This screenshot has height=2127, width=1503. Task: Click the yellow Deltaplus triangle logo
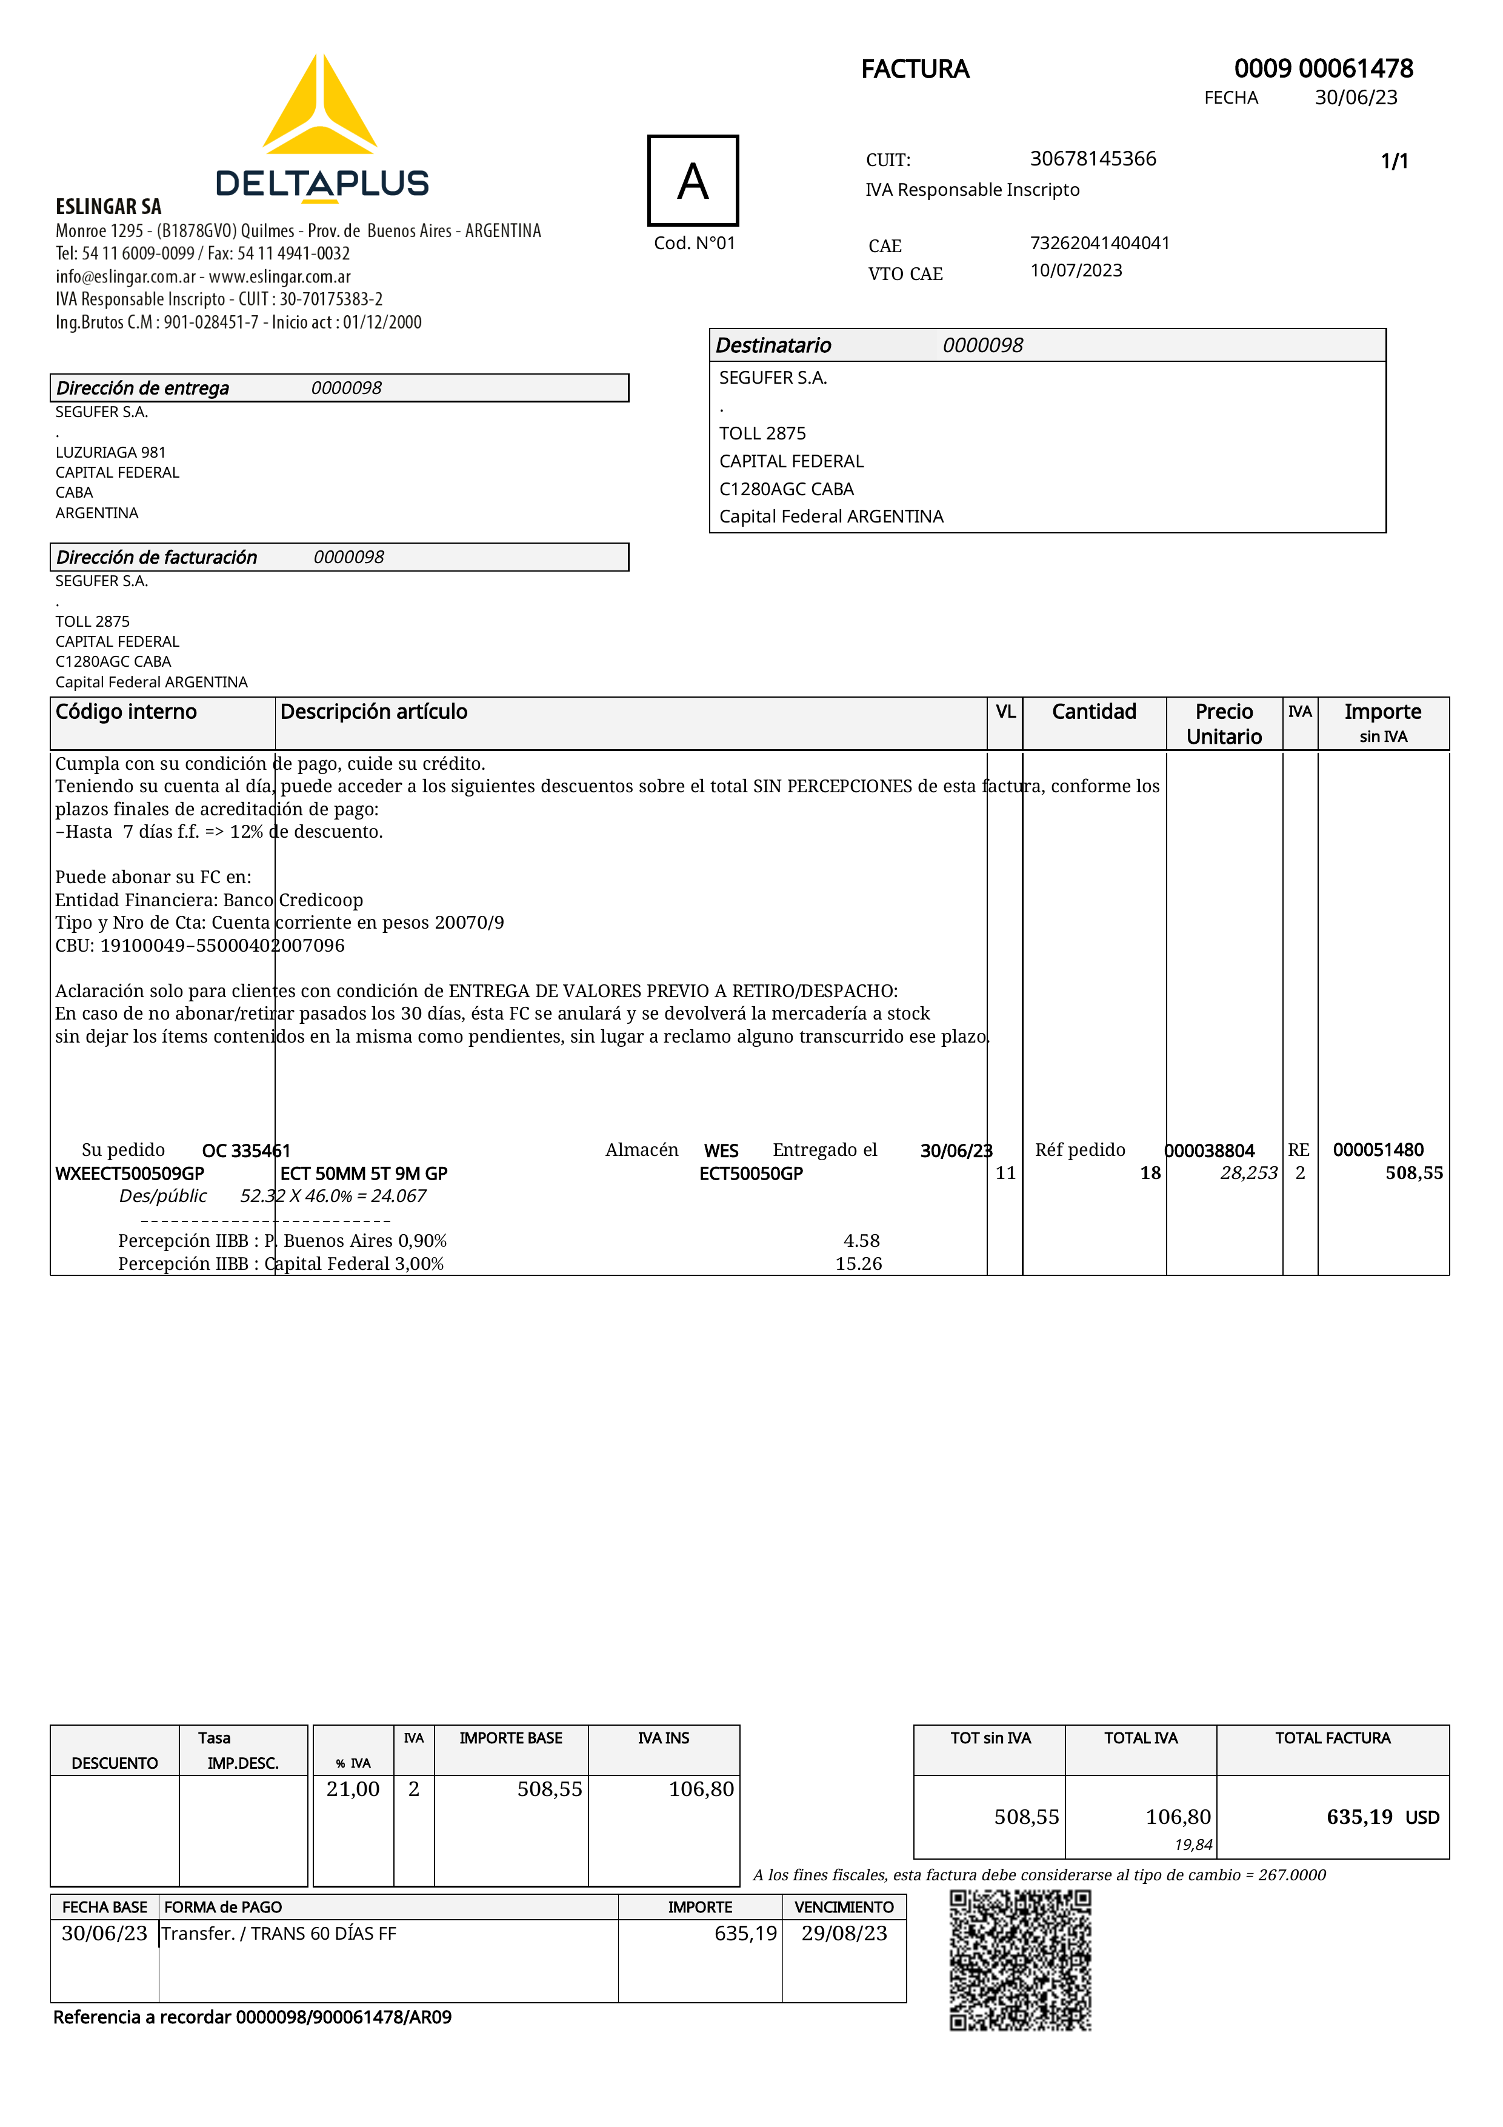tap(319, 107)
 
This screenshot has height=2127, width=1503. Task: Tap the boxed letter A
tap(693, 181)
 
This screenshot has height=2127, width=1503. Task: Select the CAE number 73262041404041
tap(1099, 242)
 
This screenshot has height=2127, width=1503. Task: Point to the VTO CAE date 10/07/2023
tap(1076, 270)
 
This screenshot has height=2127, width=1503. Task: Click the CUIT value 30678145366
tap(1093, 158)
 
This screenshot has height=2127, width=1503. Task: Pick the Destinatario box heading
tap(773, 346)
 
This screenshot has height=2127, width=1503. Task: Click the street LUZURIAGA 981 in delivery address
tap(110, 452)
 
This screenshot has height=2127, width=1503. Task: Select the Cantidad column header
tap(1094, 712)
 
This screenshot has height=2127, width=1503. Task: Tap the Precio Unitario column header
tap(1224, 724)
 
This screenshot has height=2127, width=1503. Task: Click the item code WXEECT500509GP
tap(130, 1174)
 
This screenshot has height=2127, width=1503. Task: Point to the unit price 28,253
tap(1248, 1174)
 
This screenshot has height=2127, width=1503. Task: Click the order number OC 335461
tap(245, 1150)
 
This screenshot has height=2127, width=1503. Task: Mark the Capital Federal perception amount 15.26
tap(858, 1264)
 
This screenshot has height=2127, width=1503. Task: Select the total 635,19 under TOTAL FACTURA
tap(1359, 1817)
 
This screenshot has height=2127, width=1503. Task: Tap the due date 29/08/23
tap(844, 1934)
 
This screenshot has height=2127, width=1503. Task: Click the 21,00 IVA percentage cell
tap(353, 1789)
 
